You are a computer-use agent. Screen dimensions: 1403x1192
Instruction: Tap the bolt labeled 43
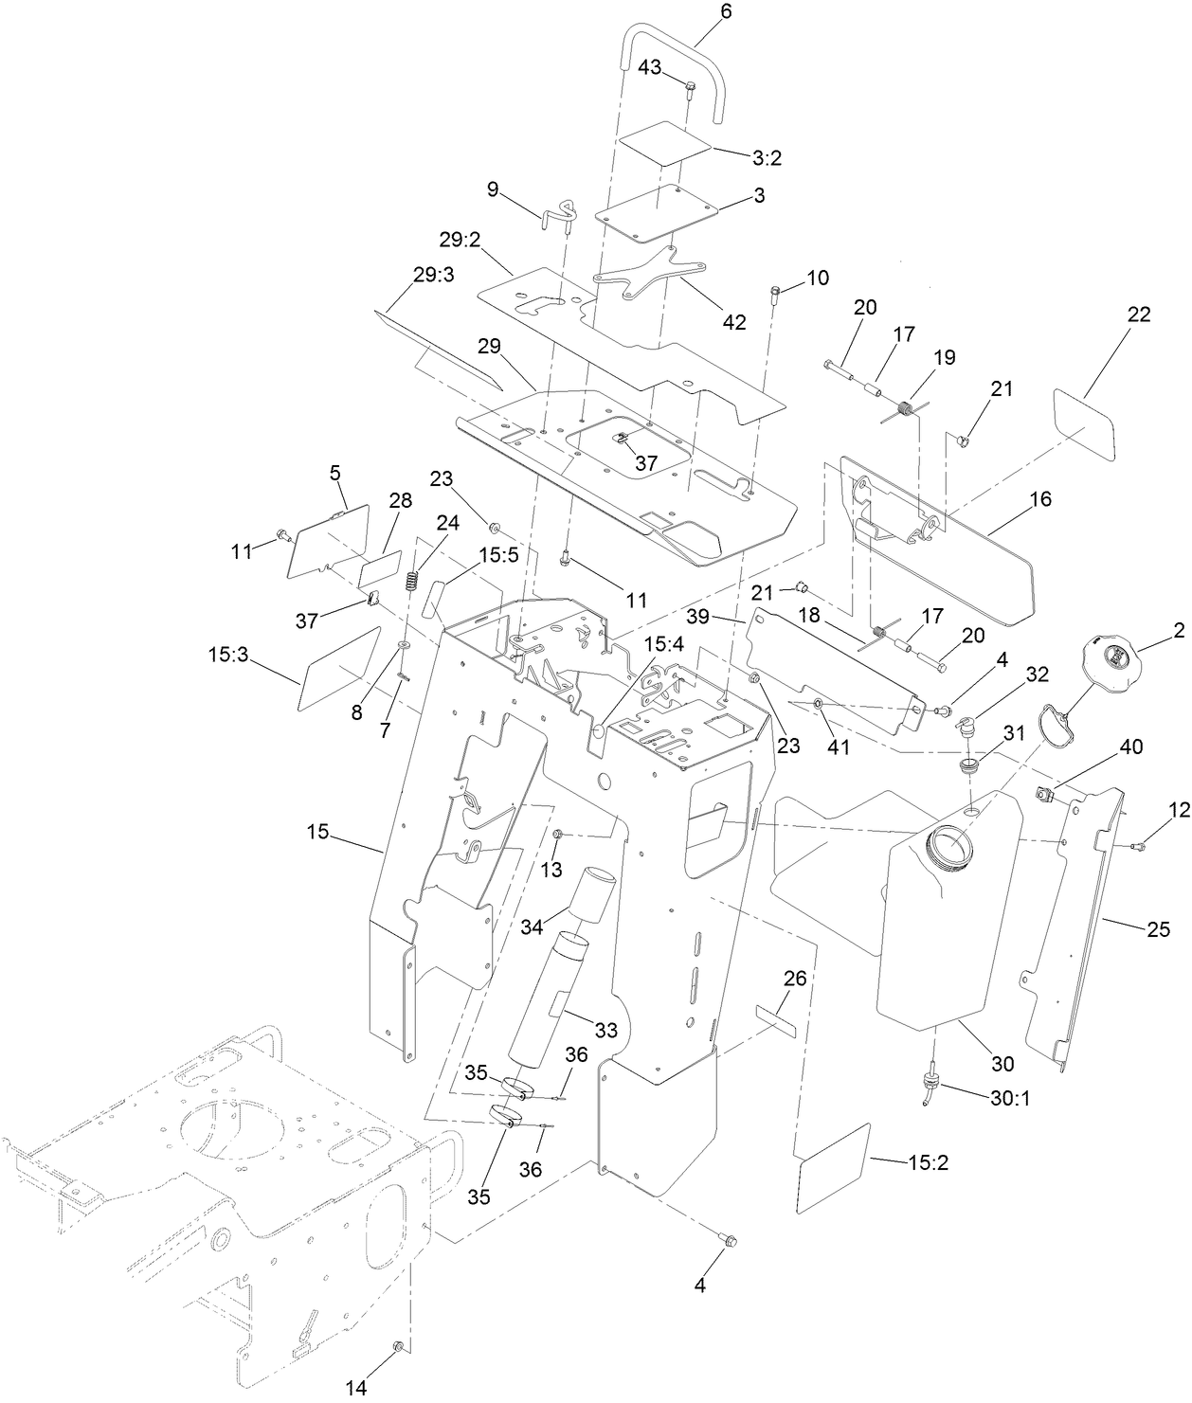(690, 90)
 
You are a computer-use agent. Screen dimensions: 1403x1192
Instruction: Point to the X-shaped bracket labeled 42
(647, 274)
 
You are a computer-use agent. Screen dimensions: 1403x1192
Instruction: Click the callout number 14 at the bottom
(355, 1388)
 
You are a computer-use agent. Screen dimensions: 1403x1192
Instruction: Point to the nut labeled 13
(558, 833)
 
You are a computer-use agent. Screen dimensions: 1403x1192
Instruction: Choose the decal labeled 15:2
(833, 1167)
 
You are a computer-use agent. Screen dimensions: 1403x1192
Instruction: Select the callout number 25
(1158, 929)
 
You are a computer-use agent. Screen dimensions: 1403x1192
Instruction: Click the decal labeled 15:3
(340, 668)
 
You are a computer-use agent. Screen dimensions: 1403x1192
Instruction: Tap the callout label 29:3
(433, 275)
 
